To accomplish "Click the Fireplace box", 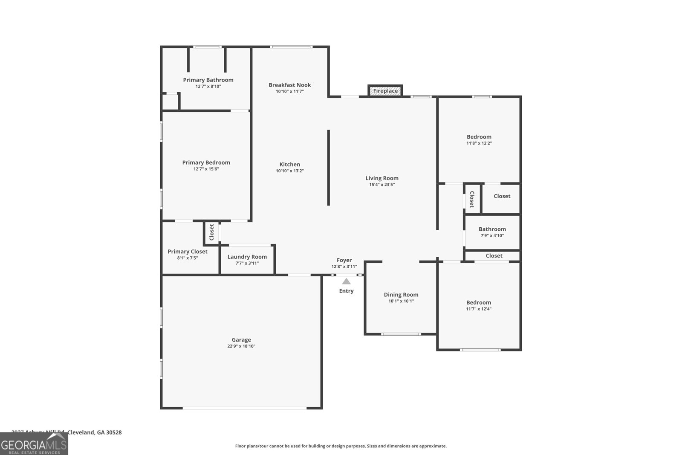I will click(385, 91).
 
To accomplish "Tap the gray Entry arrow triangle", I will click(346, 281).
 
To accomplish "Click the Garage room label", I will click(241, 340).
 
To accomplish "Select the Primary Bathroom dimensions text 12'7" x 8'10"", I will click(208, 87).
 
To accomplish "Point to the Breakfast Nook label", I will click(289, 85).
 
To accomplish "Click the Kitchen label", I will click(289, 164).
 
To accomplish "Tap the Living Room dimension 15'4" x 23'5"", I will click(381, 185).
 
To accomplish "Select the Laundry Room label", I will click(247, 257).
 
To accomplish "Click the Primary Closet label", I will click(187, 252).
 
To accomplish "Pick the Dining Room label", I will click(401, 295).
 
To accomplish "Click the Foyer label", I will click(344, 260).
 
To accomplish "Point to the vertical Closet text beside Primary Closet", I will click(211, 232).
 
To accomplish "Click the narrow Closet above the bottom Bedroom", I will click(494, 256).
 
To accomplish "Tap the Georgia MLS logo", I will click(34, 444).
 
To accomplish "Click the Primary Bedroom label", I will click(206, 162).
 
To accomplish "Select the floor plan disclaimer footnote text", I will click(341, 446).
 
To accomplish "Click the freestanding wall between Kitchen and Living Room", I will click(328, 168).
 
